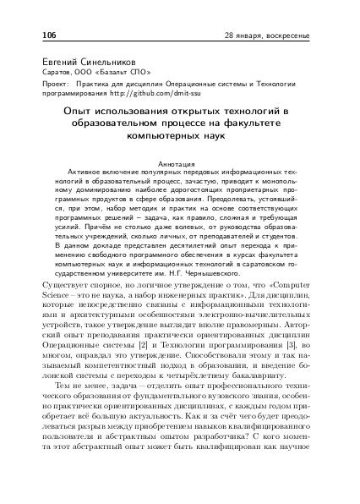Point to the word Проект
55,85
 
